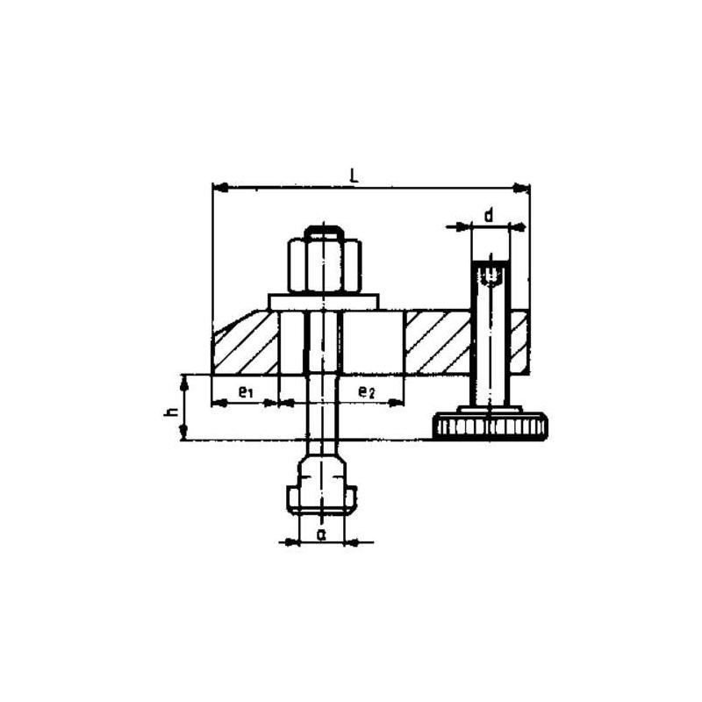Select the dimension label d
(x=489, y=214)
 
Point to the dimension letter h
(x=171, y=408)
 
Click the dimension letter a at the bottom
(x=321, y=533)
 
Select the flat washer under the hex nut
(x=324, y=302)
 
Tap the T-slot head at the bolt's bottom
(x=322, y=491)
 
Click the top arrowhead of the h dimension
(x=183, y=380)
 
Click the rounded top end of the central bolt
(x=324, y=231)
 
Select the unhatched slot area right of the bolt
(x=373, y=342)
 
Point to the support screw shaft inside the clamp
(x=491, y=342)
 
